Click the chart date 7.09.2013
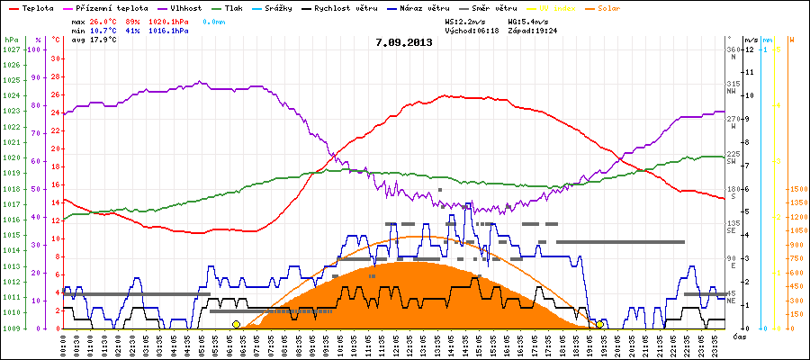click(x=404, y=42)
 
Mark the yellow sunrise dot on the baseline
click(x=236, y=324)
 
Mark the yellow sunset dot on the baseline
click(x=600, y=324)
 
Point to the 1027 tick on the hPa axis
click(x=11, y=49)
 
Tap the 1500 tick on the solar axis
click(x=797, y=189)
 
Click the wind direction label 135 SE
click(x=733, y=227)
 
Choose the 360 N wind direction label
click(x=733, y=53)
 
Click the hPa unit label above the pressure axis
click(x=11, y=40)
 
